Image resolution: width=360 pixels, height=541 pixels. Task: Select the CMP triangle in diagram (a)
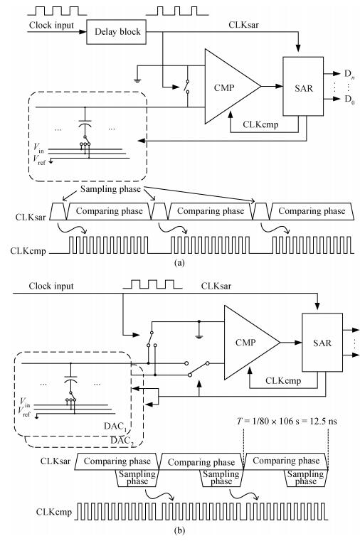coord(228,86)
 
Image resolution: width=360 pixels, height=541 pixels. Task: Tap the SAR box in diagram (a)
coord(303,86)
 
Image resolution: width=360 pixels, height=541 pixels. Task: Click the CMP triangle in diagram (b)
coord(248,343)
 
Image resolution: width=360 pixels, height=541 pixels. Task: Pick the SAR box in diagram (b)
coord(322,343)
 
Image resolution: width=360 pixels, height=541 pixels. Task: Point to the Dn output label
coord(349,74)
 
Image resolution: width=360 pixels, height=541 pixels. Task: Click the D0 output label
coord(349,100)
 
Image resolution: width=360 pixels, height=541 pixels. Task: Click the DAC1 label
coord(115,427)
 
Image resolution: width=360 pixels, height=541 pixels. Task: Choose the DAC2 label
coord(122,441)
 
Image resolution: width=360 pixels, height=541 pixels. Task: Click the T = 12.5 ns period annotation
coord(287,422)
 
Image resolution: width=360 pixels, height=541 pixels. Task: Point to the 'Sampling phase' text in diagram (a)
coord(110,189)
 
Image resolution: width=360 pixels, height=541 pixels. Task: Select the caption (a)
coord(180,262)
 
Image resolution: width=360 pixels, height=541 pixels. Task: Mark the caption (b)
coord(180,530)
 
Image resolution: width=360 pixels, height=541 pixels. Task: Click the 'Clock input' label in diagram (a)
coord(51,25)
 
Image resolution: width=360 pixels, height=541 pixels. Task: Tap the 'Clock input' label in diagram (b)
coord(51,286)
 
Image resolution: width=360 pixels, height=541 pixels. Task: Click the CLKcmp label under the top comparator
coord(260,124)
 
